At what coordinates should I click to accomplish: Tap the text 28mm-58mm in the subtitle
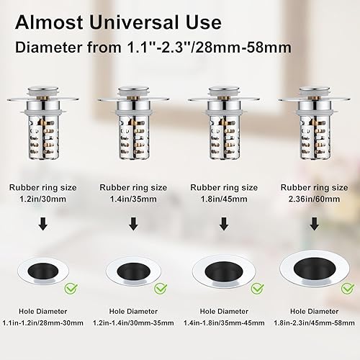[x=243, y=47]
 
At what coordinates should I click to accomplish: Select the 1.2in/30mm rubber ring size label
[x=42, y=199]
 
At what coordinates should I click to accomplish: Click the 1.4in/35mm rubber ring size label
[x=133, y=199]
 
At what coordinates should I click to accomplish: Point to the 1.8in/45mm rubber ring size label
[x=224, y=199]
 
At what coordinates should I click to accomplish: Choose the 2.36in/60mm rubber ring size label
[x=314, y=199]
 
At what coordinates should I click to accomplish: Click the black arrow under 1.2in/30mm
[x=43, y=224]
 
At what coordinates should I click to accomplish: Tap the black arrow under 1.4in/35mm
[x=133, y=224]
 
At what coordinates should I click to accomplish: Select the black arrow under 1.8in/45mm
[x=224, y=224]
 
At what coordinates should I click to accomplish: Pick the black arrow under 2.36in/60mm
[x=315, y=224]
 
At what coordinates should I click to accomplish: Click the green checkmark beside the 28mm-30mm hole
[x=71, y=288]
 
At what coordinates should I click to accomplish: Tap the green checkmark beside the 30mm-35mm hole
[x=161, y=288]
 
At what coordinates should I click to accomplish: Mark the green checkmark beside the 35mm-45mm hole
[x=258, y=288]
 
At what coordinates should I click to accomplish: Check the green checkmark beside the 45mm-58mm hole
[x=348, y=288]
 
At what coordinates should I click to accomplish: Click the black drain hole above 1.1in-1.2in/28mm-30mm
[x=43, y=271]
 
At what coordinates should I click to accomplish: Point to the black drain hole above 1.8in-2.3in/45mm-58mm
[x=315, y=269]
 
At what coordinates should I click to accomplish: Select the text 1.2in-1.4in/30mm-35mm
[x=133, y=323]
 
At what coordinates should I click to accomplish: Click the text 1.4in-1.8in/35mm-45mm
[x=224, y=323]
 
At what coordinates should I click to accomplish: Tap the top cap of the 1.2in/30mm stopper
[x=43, y=92]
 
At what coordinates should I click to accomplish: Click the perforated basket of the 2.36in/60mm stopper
[x=315, y=137]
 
